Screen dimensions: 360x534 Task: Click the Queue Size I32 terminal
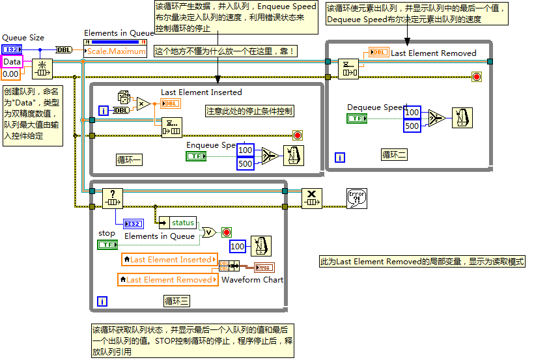pyautogui.click(x=12, y=49)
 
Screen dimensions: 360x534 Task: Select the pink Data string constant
pyautogui.click(x=12, y=62)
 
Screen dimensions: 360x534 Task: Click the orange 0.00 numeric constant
pyautogui.click(x=10, y=74)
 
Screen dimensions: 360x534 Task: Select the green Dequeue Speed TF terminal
pyautogui.click(x=357, y=118)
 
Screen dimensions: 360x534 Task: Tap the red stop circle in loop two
pyautogui.click(x=476, y=77)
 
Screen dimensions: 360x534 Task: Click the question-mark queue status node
pyautogui.click(x=113, y=196)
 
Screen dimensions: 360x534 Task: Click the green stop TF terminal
pyautogui.click(x=107, y=245)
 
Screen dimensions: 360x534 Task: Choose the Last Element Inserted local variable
pyautogui.click(x=169, y=260)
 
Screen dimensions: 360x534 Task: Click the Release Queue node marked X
pyautogui.click(x=311, y=197)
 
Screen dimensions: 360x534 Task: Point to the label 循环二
pyautogui.click(x=394, y=155)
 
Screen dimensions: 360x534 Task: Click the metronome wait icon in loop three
pyautogui.click(x=261, y=246)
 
